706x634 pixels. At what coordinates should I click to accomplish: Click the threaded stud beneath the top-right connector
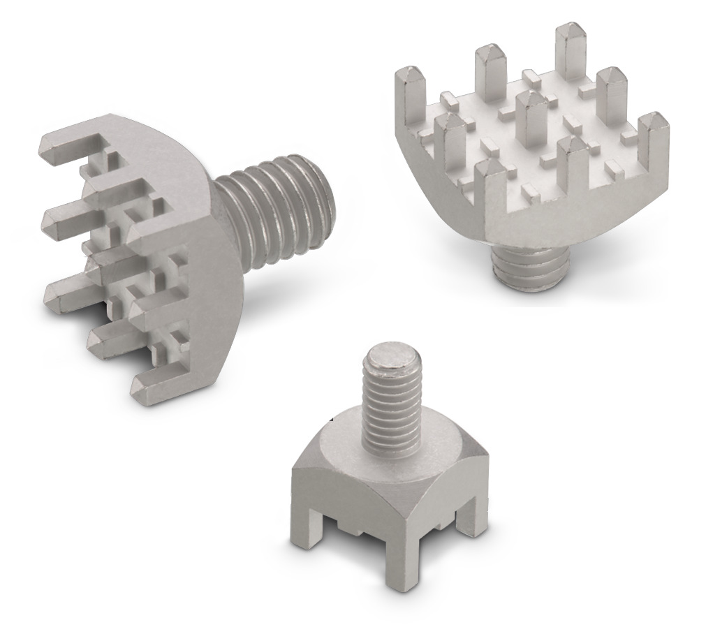click(524, 269)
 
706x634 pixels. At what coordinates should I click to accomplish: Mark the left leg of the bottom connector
click(297, 531)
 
